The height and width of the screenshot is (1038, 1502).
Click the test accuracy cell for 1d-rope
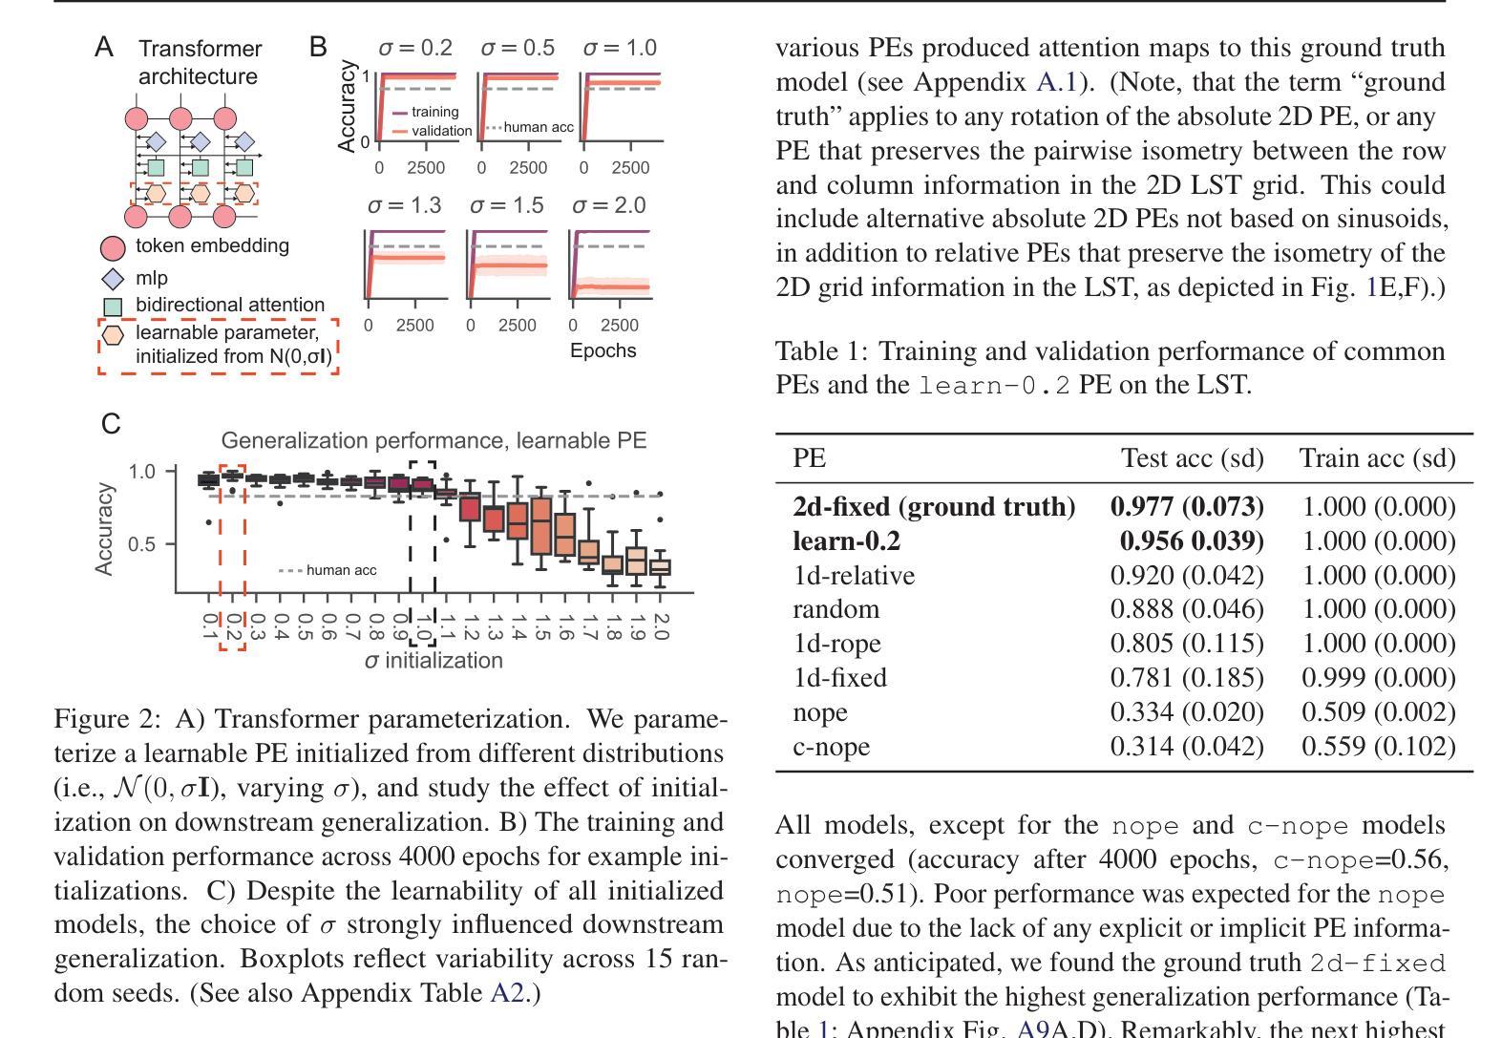click(x=1187, y=644)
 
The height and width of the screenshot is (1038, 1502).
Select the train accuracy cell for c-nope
click(x=1379, y=747)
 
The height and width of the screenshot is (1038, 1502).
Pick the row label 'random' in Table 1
click(x=836, y=609)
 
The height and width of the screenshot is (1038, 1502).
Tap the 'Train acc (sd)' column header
click(x=1378, y=458)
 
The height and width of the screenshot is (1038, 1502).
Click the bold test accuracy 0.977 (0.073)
click(x=1187, y=507)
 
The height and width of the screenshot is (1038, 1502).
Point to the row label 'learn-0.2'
click(x=846, y=541)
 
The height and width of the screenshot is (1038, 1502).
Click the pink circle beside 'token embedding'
click(x=113, y=248)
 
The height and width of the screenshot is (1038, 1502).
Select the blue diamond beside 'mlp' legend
click(x=113, y=278)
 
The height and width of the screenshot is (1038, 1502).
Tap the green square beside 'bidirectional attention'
click(x=113, y=307)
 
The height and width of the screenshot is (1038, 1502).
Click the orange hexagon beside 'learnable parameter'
click(x=112, y=334)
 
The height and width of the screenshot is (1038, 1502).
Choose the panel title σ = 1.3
click(x=404, y=205)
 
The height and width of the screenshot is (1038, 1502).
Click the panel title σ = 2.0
click(x=609, y=205)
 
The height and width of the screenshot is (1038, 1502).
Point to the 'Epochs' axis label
click(x=603, y=350)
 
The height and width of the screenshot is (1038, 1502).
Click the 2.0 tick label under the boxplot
click(x=661, y=626)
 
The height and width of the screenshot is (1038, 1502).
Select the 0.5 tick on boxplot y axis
click(x=141, y=543)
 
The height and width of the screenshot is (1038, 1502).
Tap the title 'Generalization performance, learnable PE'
click(x=434, y=440)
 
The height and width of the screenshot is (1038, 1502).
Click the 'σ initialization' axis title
click(x=434, y=661)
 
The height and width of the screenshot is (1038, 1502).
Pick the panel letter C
click(x=111, y=424)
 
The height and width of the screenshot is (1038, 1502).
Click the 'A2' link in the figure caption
click(x=507, y=993)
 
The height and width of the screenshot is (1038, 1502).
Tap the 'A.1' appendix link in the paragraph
click(x=1056, y=82)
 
